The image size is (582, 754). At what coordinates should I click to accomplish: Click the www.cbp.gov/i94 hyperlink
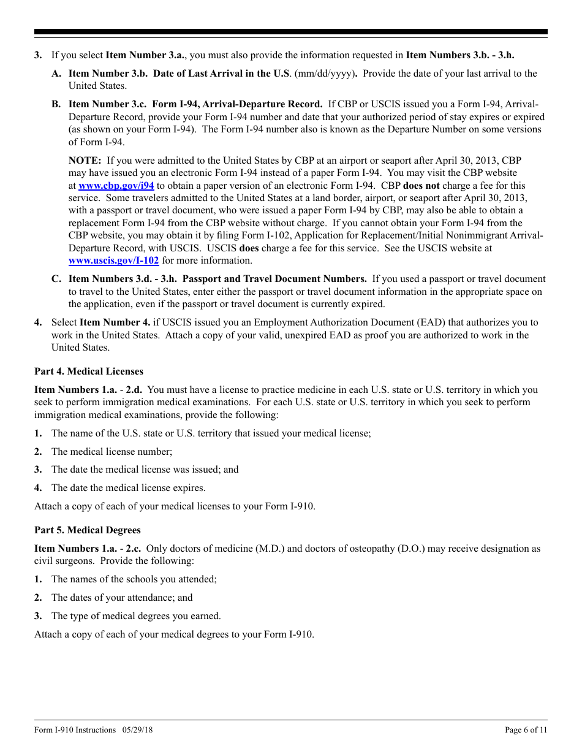[116, 186]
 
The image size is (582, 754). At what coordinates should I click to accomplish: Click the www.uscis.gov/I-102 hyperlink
[113, 261]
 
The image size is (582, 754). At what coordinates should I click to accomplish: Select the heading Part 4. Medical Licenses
[89, 371]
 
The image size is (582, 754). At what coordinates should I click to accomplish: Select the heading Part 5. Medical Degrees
[88, 530]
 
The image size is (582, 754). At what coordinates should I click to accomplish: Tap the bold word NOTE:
[85, 161]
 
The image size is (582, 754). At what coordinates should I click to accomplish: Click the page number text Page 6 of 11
[526, 729]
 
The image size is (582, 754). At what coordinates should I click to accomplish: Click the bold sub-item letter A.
[56, 74]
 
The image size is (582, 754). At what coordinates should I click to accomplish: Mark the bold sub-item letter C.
[56, 280]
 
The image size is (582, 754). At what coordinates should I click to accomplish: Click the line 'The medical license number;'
[112, 452]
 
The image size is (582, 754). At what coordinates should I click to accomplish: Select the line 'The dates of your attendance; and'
[122, 598]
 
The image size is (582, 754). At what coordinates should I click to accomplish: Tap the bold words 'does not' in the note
[421, 186]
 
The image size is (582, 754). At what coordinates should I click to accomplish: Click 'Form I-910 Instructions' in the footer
[75, 729]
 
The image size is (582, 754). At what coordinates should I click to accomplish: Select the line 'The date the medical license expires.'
[129, 489]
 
